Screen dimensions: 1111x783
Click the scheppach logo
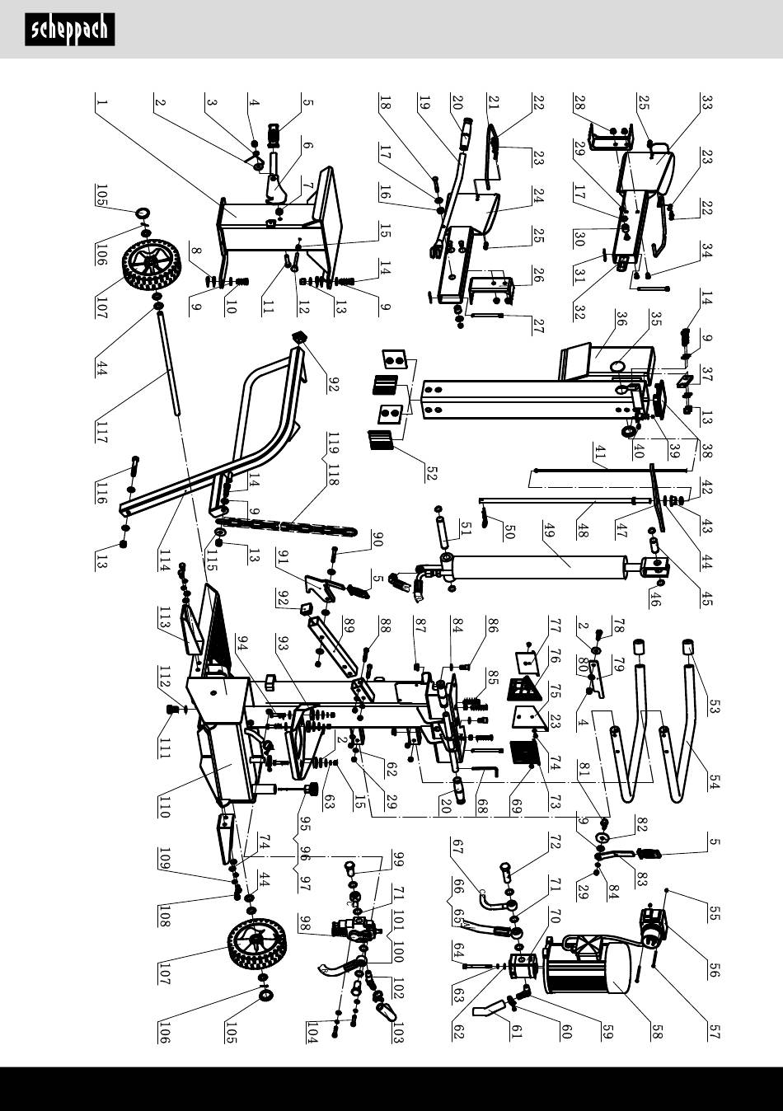[x=69, y=30]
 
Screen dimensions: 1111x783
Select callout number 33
[x=706, y=102]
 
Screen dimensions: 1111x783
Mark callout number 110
[x=164, y=806]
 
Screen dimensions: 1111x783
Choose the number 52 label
[x=430, y=471]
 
